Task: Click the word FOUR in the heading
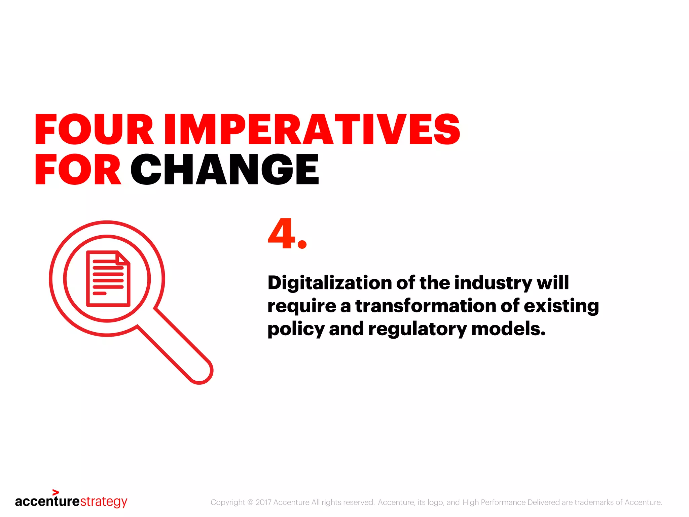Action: (x=94, y=130)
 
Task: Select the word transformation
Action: (x=425, y=306)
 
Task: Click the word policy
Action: (x=295, y=330)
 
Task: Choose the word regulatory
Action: (x=417, y=330)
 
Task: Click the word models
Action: (x=508, y=329)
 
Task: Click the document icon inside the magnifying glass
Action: (x=108, y=279)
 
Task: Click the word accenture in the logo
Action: (x=47, y=502)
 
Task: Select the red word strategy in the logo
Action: (x=104, y=502)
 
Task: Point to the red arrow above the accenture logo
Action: (x=56, y=492)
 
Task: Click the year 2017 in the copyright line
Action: (x=263, y=502)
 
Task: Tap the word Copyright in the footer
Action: (x=227, y=502)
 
